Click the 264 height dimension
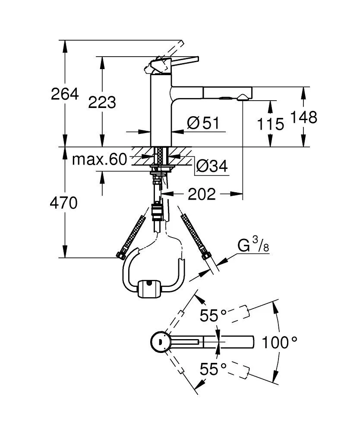tap(65, 93)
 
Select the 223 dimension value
tap(102, 102)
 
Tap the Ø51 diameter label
tap(203, 124)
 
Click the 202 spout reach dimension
tap(201, 194)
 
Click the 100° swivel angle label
tap(279, 343)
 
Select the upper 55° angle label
tap(214, 316)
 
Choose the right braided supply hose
tap(193, 236)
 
